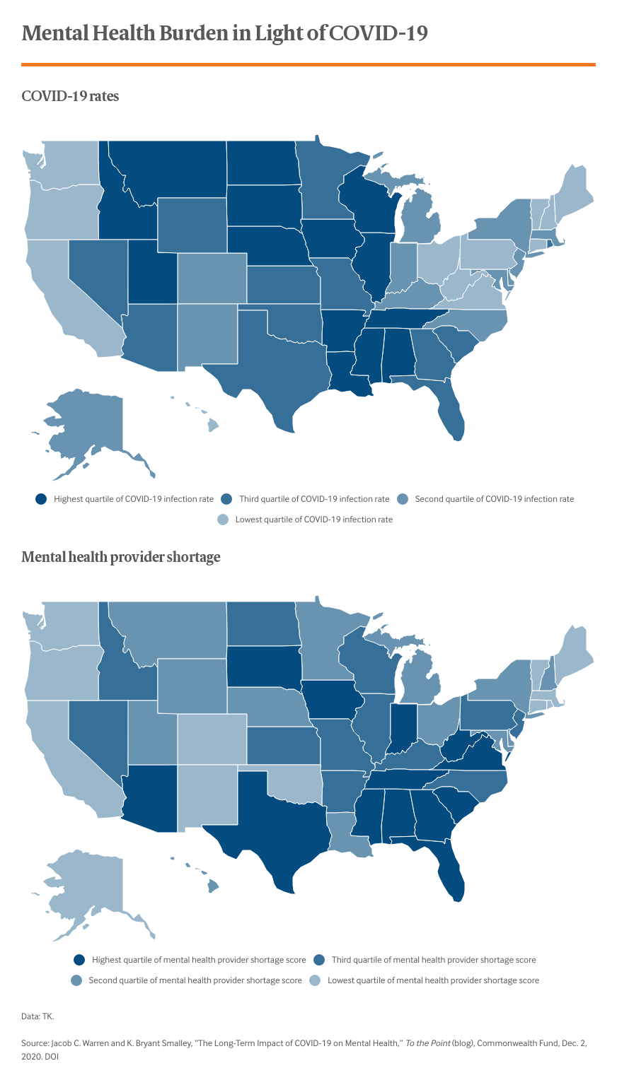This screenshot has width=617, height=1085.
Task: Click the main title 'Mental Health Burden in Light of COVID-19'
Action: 224,33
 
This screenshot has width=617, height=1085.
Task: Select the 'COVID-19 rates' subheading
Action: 70,96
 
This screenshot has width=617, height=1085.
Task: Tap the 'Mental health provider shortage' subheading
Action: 120,557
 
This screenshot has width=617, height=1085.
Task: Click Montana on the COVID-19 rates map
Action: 170,170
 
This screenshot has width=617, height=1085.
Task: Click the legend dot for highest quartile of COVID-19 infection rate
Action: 41,499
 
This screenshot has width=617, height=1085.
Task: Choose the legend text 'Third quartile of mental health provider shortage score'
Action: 434,960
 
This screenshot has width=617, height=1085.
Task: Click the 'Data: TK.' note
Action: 38,1016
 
